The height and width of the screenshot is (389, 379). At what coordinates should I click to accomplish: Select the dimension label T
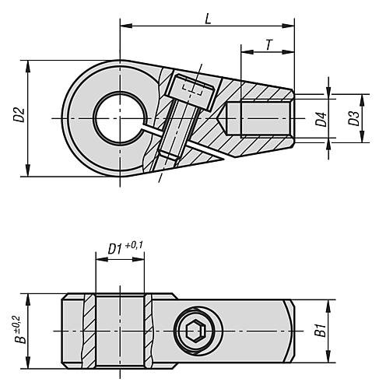268,45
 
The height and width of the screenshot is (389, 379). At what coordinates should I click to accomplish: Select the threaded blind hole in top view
265,118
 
